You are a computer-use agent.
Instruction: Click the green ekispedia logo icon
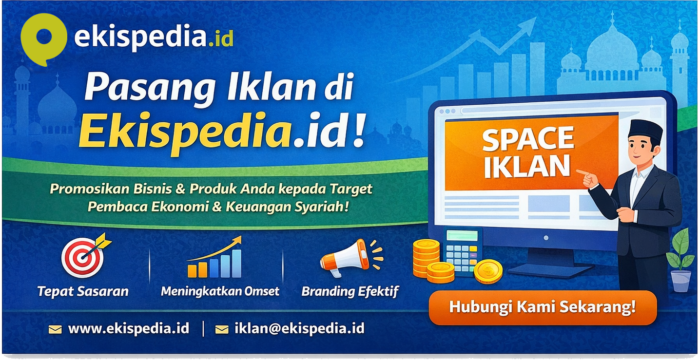(43, 38)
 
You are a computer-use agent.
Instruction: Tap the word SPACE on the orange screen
(528, 140)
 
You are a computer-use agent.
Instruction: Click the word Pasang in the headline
(137, 89)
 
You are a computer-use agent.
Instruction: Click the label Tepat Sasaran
(83, 291)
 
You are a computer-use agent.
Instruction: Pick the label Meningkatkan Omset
(220, 291)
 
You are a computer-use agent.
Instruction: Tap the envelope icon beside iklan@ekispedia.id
(222, 329)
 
